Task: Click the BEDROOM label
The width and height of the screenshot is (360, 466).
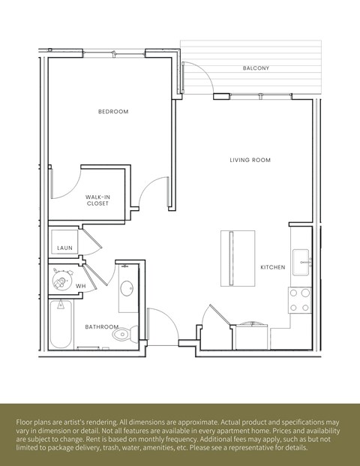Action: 113,112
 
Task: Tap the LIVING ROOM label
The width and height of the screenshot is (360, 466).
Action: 250,160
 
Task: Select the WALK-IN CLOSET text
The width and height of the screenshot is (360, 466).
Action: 97,200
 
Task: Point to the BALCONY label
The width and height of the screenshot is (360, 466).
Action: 256,68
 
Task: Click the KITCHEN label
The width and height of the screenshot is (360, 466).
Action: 272,267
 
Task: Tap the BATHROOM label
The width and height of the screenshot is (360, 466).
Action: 100,327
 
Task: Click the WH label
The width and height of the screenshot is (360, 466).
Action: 79,286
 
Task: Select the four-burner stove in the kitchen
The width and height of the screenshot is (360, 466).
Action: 300,300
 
